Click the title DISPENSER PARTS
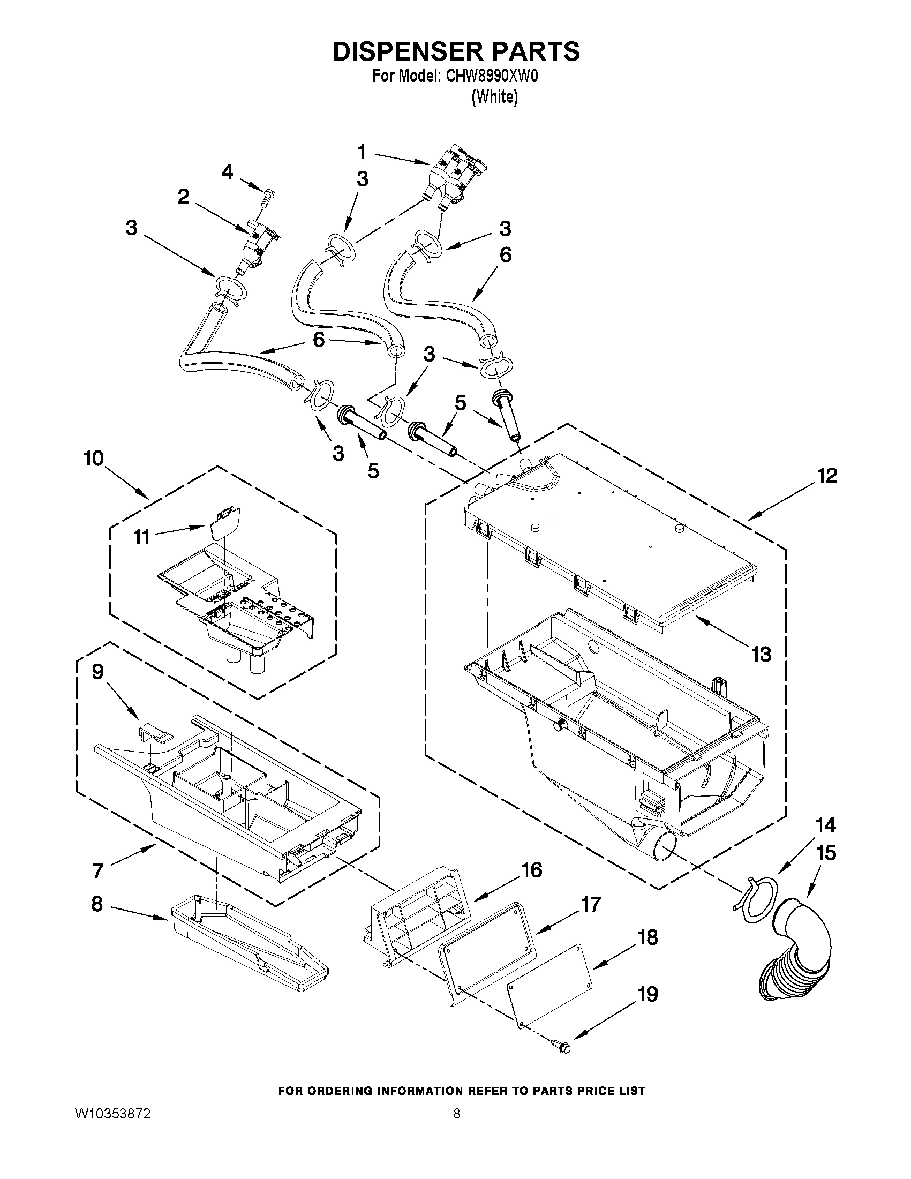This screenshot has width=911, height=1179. pyautogui.click(x=456, y=51)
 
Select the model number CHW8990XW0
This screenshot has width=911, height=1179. pyautogui.click(x=492, y=77)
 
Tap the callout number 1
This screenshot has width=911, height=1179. pyautogui.click(x=362, y=153)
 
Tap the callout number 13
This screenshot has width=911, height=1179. pyautogui.click(x=762, y=655)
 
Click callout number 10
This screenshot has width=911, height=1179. pyautogui.click(x=93, y=459)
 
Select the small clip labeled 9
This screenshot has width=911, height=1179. pyautogui.click(x=153, y=733)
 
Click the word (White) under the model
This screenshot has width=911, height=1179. pyautogui.click(x=494, y=97)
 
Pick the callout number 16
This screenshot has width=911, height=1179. pyautogui.click(x=532, y=870)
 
